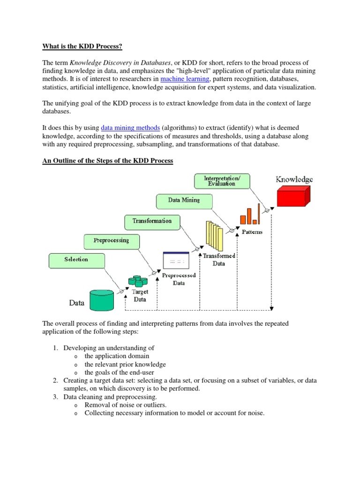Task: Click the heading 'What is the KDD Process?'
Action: [x=83, y=46]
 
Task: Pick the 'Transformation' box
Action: [x=152, y=221]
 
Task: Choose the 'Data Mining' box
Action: [x=184, y=200]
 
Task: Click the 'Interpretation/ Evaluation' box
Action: [x=222, y=180]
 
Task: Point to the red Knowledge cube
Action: [x=293, y=195]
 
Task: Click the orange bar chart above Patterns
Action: [x=250, y=214]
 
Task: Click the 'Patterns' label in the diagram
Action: [x=252, y=232]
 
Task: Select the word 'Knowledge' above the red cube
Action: [x=294, y=179]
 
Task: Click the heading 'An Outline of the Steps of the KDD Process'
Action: [x=108, y=161]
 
